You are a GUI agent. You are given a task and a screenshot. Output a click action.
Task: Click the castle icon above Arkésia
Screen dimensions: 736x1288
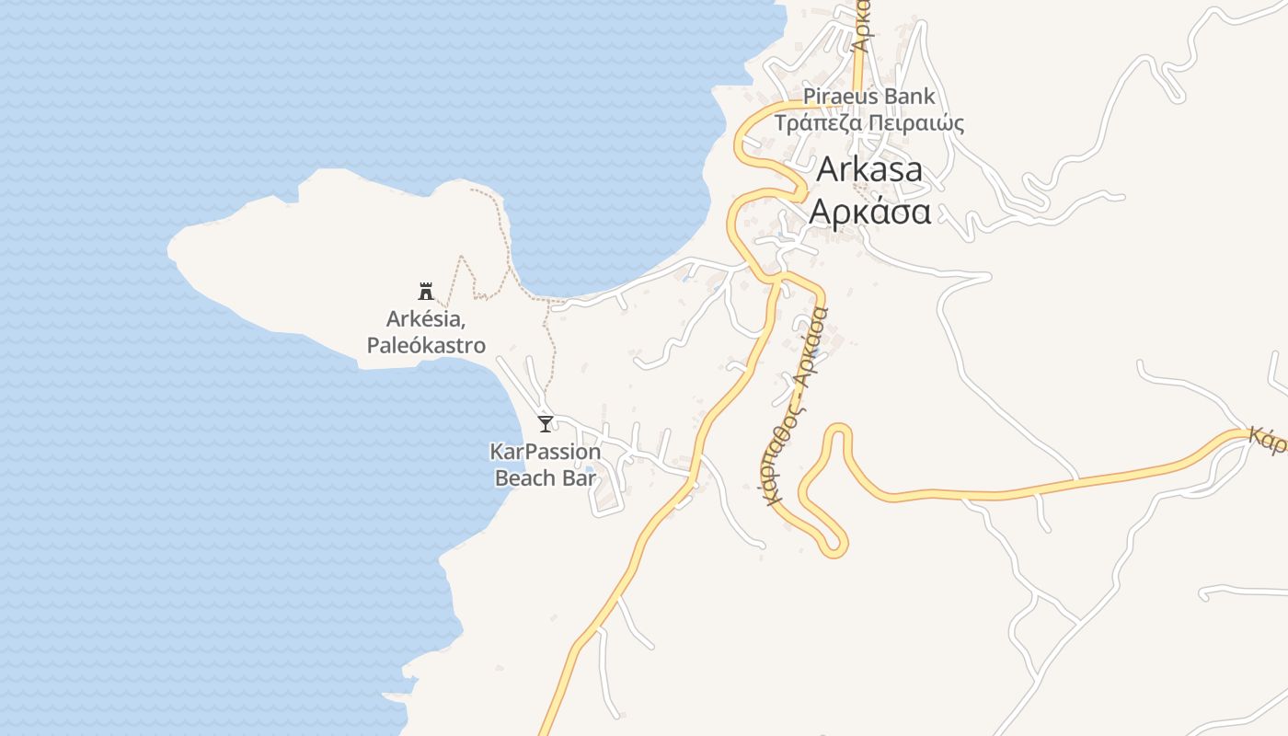tap(426, 292)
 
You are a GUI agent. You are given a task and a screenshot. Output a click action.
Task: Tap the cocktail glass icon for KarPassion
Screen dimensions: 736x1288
tap(546, 424)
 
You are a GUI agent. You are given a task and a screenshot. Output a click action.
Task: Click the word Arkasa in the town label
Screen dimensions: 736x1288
tap(869, 170)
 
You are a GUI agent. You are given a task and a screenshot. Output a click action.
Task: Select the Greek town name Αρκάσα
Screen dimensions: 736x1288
tap(869, 212)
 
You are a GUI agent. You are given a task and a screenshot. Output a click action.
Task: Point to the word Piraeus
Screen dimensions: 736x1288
tap(842, 96)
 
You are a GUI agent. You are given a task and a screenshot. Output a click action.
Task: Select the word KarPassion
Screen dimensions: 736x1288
tap(546, 452)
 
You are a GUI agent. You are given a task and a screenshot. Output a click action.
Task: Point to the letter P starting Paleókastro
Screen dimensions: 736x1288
tap(373, 345)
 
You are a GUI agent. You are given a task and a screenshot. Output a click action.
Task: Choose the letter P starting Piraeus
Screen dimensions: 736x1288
tap(809, 96)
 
